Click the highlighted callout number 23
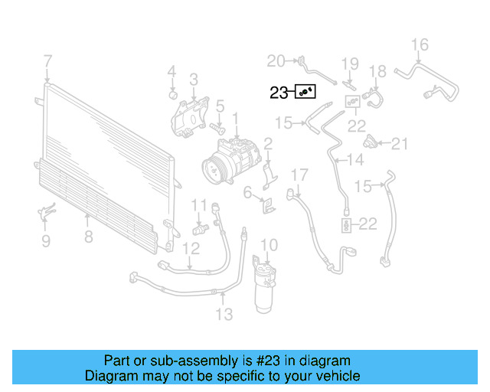click(x=279, y=93)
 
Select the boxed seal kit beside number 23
click(x=306, y=93)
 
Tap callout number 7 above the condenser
click(x=47, y=60)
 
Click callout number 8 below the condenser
click(x=89, y=237)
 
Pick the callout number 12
click(x=191, y=248)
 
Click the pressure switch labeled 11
click(x=201, y=228)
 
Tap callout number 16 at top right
click(x=420, y=44)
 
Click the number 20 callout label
click(x=276, y=60)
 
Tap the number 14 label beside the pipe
click(x=355, y=160)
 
